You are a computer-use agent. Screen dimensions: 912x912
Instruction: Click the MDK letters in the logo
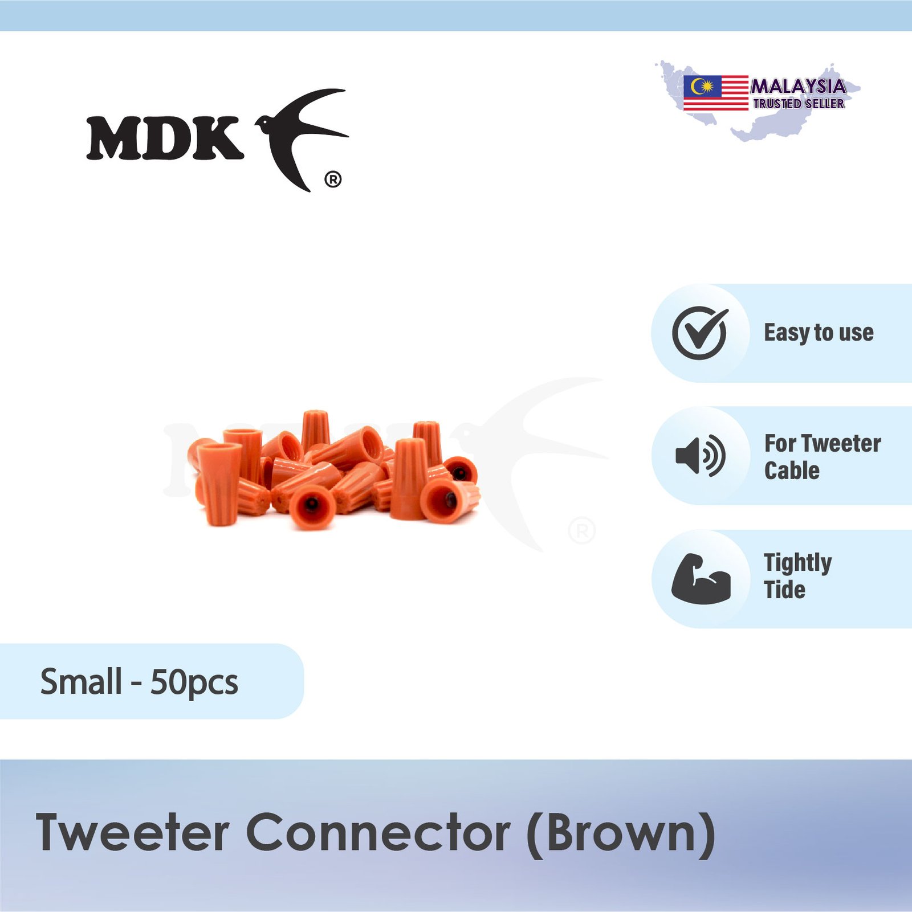(x=165, y=138)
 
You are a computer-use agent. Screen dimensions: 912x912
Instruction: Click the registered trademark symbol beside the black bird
(x=333, y=180)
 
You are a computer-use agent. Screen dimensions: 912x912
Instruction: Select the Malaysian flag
(x=716, y=92)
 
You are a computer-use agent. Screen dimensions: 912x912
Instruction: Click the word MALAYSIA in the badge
(x=798, y=87)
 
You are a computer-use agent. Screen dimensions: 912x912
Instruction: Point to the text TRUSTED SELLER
(x=799, y=104)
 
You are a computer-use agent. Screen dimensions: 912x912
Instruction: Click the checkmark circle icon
(x=700, y=333)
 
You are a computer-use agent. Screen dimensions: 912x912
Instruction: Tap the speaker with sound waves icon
(x=701, y=456)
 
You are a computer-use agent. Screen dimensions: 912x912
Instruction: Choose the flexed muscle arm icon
(x=701, y=578)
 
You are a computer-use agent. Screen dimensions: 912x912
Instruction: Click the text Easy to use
(x=819, y=333)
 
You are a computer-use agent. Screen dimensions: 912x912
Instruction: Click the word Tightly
(x=798, y=563)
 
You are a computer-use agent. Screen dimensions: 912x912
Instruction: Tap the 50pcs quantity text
(x=194, y=682)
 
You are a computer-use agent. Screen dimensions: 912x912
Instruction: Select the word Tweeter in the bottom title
(x=133, y=833)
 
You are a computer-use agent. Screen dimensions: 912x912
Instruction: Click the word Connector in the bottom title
(x=378, y=833)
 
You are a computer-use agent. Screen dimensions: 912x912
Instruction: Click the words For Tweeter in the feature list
(x=823, y=443)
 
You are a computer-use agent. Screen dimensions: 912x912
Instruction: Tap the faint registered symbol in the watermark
(x=582, y=531)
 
